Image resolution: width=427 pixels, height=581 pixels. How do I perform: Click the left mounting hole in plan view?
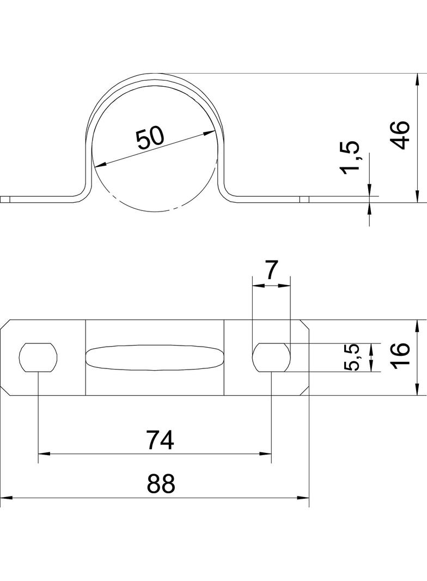click(x=38, y=358)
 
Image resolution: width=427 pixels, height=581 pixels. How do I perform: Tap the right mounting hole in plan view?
click(x=271, y=358)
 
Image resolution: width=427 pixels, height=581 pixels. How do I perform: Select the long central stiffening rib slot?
click(x=155, y=358)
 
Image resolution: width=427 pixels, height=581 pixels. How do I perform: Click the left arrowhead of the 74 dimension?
click(x=44, y=453)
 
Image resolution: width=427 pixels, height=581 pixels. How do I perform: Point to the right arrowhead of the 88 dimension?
click(x=303, y=498)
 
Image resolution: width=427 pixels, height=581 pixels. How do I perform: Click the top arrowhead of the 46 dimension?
click(x=417, y=80)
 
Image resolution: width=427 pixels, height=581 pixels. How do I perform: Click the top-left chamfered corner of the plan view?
click(x=5, y=325)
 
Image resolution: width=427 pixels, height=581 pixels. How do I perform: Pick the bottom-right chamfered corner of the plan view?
click(x=304, y=390)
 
